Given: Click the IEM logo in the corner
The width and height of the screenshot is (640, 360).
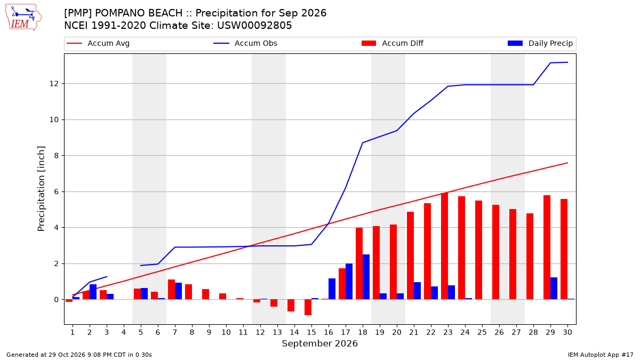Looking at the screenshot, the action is pyautogui.click(x=23, y=18).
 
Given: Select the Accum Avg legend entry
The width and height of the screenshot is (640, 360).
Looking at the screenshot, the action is pyautogui.click(x=98, y=43).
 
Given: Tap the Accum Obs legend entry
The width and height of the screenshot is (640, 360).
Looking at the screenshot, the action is pyautogui.click(x=245, y=43).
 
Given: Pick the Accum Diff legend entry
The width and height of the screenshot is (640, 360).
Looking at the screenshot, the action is pyautogui.click(x=393, y=43).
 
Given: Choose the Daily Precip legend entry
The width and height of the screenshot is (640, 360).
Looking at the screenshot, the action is pyautogui.click(x=540, y=43).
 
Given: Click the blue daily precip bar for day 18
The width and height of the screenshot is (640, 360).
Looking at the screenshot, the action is pyautogui.click(x=366, y=277).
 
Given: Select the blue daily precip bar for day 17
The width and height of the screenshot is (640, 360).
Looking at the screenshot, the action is pyautogui.click(x=349, y=282).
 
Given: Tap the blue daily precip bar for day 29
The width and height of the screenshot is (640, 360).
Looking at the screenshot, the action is pyautogui.click(x=554, y=289).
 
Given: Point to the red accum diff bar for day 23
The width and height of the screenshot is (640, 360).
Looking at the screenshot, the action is pyautogui.click(x=444, y=246).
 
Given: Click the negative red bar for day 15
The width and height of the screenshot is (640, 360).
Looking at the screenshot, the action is pyautogui.click(x=308, y=307).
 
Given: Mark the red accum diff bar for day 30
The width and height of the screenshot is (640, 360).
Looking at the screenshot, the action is pyautogui.click(x=564, y=249).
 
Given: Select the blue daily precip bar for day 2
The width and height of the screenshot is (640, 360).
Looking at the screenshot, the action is pyautogui.click(x=93, y=292).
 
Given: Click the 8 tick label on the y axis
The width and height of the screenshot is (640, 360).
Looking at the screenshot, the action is pyautogui.click(x=56, y=156).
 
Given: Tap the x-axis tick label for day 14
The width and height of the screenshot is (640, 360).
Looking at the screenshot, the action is pyautogui.click(x=294, y=332).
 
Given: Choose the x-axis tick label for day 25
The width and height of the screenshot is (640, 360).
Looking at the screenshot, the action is pyautogui.click(x=482, y=332).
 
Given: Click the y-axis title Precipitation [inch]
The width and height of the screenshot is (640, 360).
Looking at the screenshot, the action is pyautogui.click(x=41, y=189).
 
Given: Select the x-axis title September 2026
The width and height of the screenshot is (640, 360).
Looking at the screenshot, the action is pyautogui.click(x=319, y=343).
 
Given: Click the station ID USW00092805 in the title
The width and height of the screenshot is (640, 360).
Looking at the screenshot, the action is pyautogui.click(x=254, y=26).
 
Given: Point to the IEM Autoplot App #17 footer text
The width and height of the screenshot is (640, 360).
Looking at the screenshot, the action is pyautogui.click(x=601, y=355).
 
